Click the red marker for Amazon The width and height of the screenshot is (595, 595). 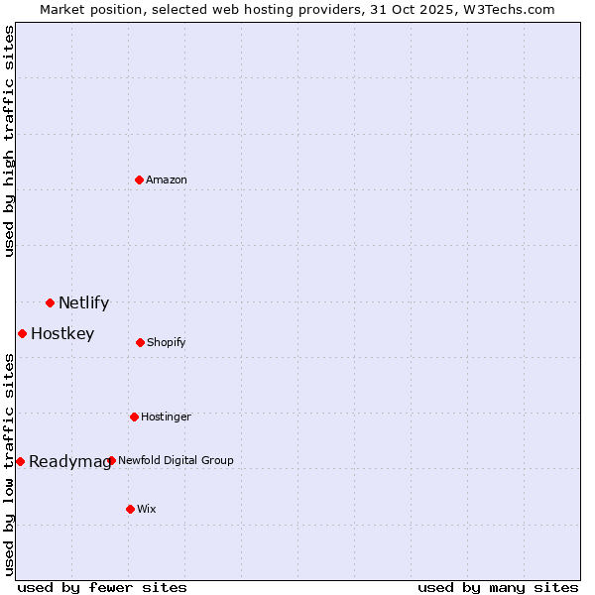pyautogui.click(x=139, y=179)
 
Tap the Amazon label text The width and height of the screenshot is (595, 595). pyautogui.click(x=167, y=180)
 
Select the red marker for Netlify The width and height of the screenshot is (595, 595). pyautogui.click(x=50, y=302)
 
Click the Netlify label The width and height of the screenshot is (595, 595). pyautogui.click(x=83, y=303)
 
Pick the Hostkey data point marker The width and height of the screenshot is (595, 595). pyautogui.click(x=22, y=333)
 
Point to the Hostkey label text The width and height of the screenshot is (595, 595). pyautogui.click(x=62, y=334)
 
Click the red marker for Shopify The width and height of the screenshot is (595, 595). pyautogui.click(x=140, y=342)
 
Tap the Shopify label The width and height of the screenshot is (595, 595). pyautogui.click(x=167, y=343)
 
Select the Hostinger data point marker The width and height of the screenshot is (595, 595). pyautogui.click(x=134, y=416)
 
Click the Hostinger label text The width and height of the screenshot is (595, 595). pyautogui.click(x=166, y=417)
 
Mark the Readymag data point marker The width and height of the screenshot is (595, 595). pyautogui.click(x=20, y=461)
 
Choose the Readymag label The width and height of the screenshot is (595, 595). pyautogui.click(x=69, y=462)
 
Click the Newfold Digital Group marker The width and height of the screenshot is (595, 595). pyautogui.click(x=111, y=460)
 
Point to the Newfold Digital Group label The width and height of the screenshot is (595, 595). pyautogui.click(x=176, y=461)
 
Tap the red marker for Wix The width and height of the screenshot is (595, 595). pyautogui.click(x=130, y=509)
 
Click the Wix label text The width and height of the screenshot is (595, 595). pyautogui.click(x=147, y=510)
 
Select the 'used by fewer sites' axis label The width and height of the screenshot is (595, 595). pyautogui.click(x=102, y=587)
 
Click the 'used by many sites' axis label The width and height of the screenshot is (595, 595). pyautogui.click(x=498, y=587)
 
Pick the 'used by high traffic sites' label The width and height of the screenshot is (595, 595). pyautogui.click(x=9, y=141)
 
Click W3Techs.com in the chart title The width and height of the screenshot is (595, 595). pyautogui.click(x=506, y=9)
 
